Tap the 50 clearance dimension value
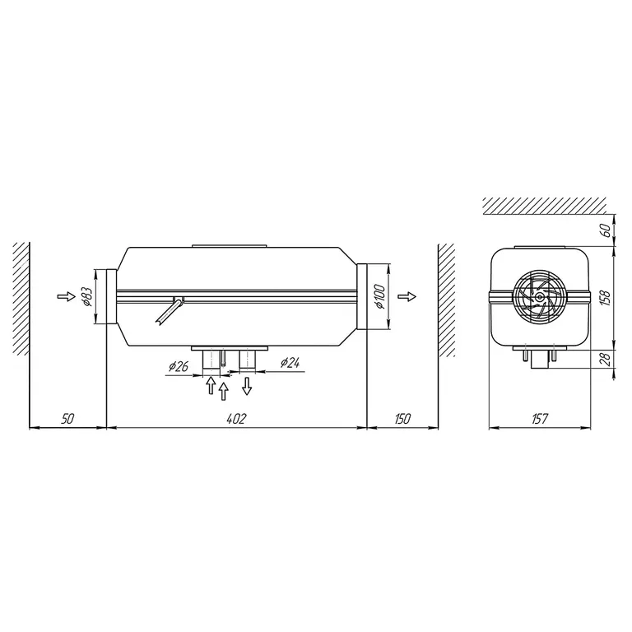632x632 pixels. [67, 419]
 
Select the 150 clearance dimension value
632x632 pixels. [401, 419]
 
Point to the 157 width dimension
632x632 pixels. [540, 419]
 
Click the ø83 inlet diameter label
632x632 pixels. [86, 296]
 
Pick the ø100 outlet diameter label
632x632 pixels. [379, 297]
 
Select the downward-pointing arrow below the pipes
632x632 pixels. [246, 384]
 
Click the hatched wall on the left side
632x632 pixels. [22, 300]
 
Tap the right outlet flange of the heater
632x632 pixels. [365, 297]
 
